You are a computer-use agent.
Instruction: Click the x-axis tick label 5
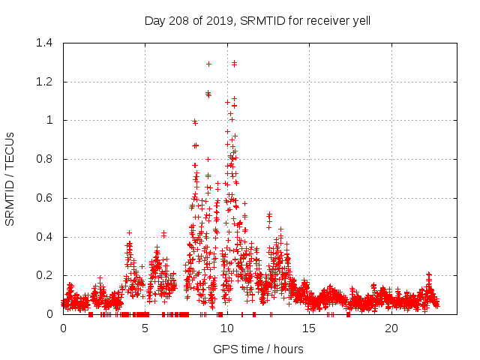click(145, 328)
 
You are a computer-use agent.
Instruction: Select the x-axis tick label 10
click(226, 328)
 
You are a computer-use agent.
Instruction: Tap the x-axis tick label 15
click(309, 328)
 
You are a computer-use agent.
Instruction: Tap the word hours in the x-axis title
click(288, 349)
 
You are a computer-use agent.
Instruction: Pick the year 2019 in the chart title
click(221, 20)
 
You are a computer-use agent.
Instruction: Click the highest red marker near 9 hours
click(208, 64)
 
